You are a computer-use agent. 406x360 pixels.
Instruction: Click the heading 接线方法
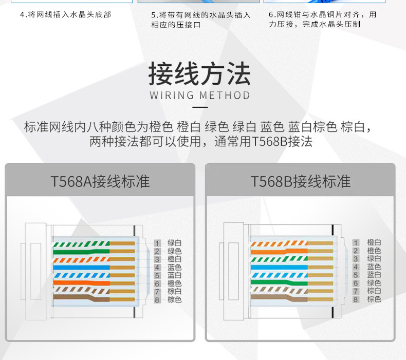click(199, 73)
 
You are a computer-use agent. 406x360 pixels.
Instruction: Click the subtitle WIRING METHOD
click(199, 96)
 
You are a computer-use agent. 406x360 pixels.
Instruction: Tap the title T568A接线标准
click(100, 181)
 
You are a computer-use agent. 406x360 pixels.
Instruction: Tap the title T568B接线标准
click(301, 181)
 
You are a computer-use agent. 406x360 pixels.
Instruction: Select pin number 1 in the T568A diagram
click(157, 243)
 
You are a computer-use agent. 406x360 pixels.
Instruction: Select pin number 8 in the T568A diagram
click(157, 299)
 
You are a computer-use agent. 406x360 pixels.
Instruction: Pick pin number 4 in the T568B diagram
click(355, 267)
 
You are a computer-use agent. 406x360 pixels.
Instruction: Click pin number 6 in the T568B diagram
click(355, 283)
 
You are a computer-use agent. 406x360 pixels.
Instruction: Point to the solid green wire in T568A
click(82, 252)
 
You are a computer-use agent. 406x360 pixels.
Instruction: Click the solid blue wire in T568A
click(82, 268)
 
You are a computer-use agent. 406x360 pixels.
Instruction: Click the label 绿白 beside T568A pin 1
click(175, 243)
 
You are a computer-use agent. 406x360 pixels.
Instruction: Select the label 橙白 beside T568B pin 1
click(374, 243)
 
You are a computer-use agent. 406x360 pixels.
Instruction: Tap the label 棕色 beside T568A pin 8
click(175, 299)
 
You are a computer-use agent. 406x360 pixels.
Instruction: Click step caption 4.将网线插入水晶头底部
click(65, 14)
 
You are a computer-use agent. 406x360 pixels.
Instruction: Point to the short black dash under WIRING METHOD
click(199, 108)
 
